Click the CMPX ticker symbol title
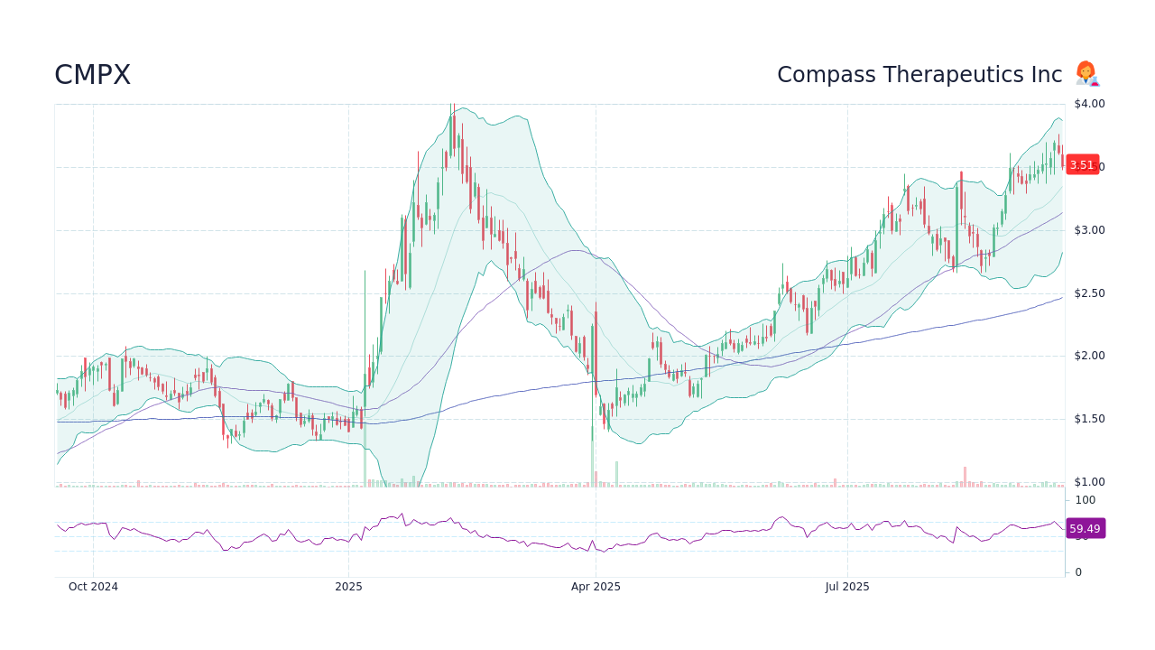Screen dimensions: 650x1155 [92, 75]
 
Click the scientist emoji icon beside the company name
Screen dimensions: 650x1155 [1086, 74]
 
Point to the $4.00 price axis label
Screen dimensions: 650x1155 [1089, 104]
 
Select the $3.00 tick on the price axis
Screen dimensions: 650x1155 [1089, 230]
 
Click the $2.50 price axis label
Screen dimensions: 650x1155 [1089, 293]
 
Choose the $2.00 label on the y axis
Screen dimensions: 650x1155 [1089, 356]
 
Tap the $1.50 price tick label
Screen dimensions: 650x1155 [1089, 419]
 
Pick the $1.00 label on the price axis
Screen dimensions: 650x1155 [1089, 482]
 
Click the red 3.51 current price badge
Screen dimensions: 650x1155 [1082, 165]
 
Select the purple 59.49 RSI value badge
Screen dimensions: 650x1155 [1085, 529]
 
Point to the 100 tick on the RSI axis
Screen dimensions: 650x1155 [1085, 500]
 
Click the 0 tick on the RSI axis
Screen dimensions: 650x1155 [1078, 572]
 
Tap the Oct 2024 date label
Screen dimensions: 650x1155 [93, 587]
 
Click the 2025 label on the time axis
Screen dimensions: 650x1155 [348, 587]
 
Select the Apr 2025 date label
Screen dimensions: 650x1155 [596, 587]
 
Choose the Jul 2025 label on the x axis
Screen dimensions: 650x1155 [847, 587]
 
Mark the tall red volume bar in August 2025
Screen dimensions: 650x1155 [965, 477]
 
